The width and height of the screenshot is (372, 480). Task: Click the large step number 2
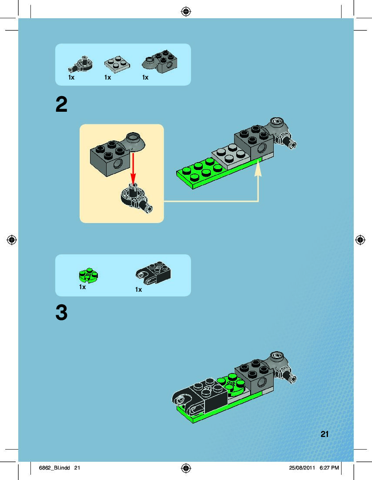click(x=62, y=104)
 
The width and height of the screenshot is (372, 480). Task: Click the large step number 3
click(x=62, y=313)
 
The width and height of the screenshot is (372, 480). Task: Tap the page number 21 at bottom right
click(x=325, y=434)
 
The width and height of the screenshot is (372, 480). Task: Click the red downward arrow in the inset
click(x=133, y=168)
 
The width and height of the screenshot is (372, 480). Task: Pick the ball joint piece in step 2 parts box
click(x=80, y=64)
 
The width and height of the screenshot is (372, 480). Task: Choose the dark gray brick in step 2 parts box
click(x=160, y=61)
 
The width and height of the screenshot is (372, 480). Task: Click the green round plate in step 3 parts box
click(x=89, y=275)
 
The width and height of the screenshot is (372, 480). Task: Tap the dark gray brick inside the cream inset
click(x=117, y=154)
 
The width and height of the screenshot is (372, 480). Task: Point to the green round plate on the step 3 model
click(x=231, y=383)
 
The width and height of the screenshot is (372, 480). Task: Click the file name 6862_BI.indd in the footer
click(x=54, y=468)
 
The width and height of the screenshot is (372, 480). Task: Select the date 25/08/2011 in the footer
click(x=302, y=468)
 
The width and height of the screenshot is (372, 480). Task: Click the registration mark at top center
click(x=186, y=12)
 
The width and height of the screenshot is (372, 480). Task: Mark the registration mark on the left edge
click(x=12, y=240)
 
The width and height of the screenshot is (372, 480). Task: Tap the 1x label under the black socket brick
click(x=138, y=290)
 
